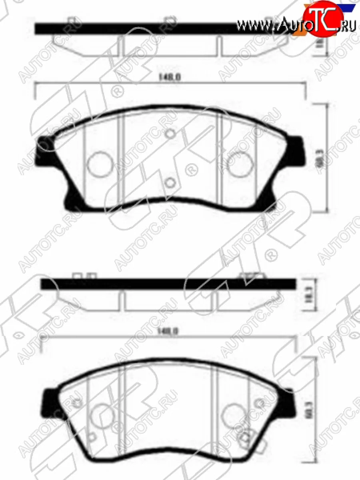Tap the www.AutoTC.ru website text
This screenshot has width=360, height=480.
296,24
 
